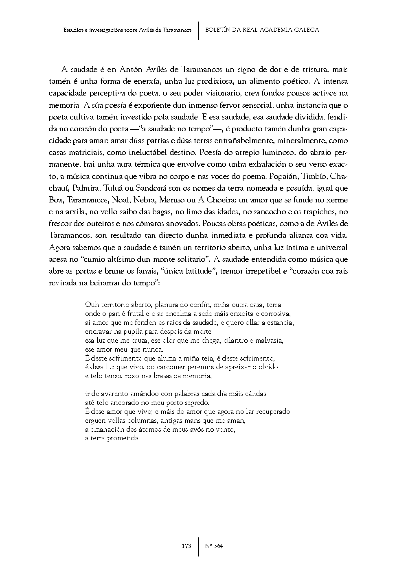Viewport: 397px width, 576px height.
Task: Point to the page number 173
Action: pos(186,546)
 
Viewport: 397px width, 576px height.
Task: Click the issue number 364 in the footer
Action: pos(218,546)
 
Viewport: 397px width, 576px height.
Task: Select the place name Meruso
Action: pos(173,200)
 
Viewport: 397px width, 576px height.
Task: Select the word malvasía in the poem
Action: pos(269,340)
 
